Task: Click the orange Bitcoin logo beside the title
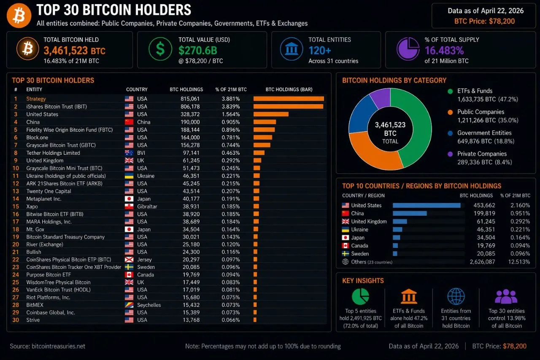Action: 19,15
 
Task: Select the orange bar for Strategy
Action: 289,99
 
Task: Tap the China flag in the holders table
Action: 129,122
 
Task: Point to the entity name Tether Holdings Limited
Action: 53,153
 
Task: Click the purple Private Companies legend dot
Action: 450,154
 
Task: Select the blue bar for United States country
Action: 426,205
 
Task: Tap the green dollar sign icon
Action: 160,49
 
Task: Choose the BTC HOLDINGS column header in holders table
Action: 186,89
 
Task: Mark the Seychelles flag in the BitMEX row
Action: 129,305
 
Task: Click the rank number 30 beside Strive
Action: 16,320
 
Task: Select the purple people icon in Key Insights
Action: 506,297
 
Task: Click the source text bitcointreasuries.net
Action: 58,346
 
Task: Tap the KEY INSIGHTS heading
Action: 363,281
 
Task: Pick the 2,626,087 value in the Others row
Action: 482,262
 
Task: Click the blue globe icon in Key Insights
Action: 456,297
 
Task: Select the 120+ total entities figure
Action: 320,51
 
